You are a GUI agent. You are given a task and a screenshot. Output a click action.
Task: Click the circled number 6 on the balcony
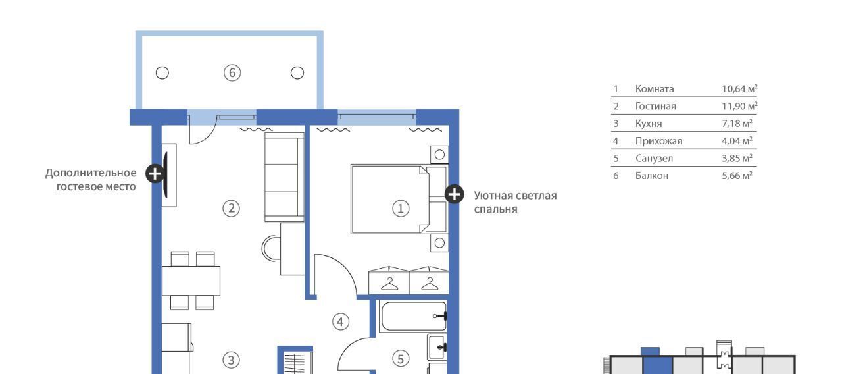coord(232,72)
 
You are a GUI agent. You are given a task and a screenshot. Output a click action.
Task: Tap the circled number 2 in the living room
coord(231,208)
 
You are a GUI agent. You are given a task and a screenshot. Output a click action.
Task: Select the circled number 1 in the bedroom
coord(401,209)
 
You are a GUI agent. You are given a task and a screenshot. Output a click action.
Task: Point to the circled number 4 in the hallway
coord(341,322)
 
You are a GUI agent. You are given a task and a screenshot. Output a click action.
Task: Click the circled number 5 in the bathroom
coord(401,359)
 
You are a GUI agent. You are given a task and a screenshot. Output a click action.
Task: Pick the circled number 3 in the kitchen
coord(231,360)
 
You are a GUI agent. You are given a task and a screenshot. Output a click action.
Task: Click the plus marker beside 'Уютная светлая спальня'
coord(454,194)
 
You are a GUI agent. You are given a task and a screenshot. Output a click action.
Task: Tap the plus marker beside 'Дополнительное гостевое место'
coord(155,173)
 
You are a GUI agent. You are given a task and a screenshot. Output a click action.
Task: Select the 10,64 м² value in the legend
coord(739,89)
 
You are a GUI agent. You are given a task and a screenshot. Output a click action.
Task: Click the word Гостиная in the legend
coord(656,106)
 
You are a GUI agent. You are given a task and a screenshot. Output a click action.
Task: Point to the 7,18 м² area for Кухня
coord(737,123)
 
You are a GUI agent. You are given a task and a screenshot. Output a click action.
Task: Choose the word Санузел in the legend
coord(654,159)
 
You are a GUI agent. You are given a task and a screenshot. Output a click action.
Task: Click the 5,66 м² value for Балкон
coord(737,176)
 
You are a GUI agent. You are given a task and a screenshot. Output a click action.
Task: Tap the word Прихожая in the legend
coord(658,141)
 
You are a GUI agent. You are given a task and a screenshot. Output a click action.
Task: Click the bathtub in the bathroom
coord(413,316)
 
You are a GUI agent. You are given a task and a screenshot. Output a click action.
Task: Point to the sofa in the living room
coord(285,177)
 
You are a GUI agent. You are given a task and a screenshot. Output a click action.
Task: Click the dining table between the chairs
coord(191,280)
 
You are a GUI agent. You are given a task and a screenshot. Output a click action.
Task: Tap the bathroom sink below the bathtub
coord(437,347)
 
